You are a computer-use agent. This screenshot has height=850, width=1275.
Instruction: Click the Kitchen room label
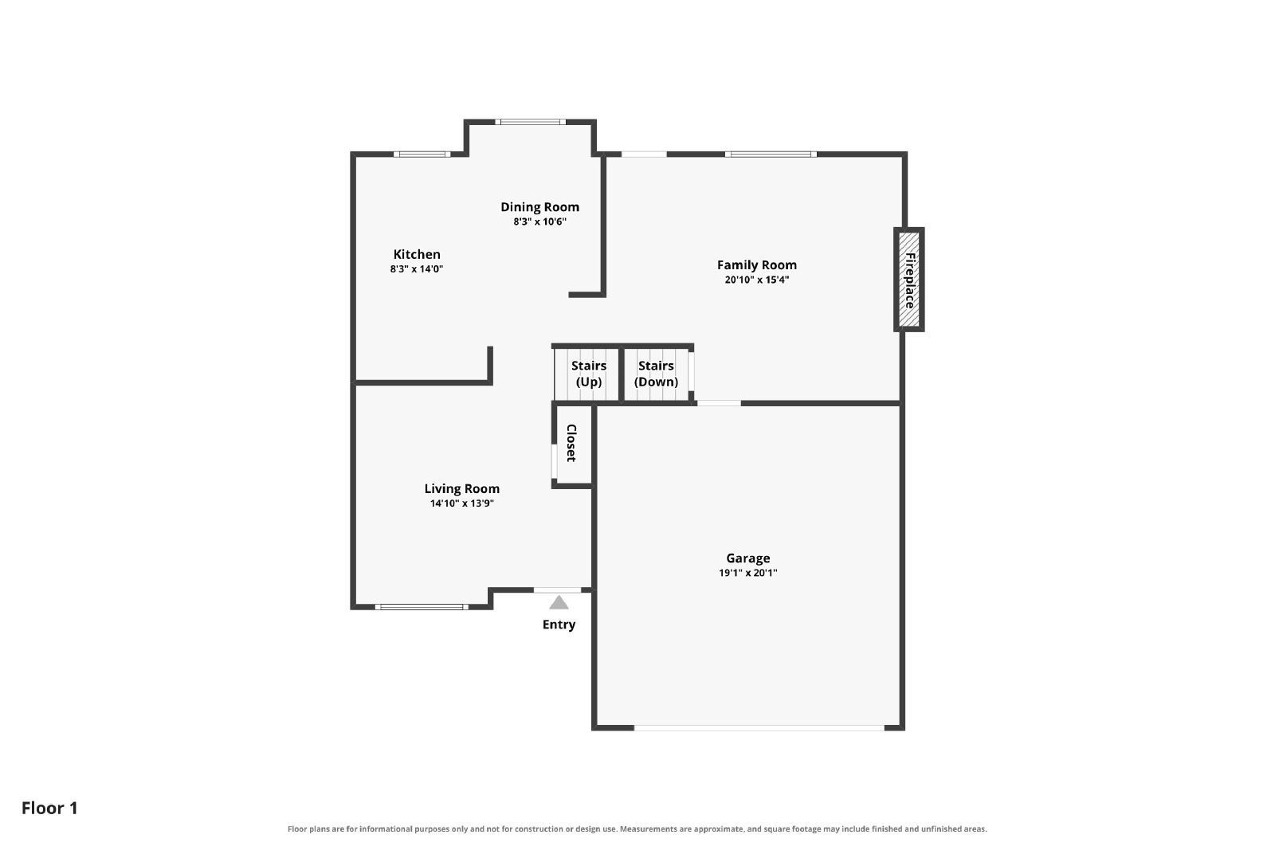point(417,254)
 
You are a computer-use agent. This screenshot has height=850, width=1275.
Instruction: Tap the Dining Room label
point(539,207)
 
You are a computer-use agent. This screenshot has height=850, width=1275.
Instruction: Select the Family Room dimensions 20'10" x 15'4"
point(756,280)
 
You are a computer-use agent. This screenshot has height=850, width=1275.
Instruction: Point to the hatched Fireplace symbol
point(909,280)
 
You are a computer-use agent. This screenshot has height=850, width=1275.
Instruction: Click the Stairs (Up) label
point(589,374)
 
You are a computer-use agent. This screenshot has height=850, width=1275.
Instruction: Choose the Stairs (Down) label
point(656,374)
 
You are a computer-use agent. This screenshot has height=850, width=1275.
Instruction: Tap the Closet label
point(571,443)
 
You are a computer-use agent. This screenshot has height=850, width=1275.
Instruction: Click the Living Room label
point(461,488)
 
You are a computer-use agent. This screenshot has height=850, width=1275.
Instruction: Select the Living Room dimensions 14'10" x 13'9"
point(461,503)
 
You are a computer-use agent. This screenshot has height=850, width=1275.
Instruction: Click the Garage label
point(748,558)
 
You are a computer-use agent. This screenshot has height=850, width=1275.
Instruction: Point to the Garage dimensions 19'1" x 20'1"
point(748,573)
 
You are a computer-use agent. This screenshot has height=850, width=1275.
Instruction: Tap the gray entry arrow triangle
point(559,602)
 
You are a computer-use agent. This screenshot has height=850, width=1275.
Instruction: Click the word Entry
point(559,625)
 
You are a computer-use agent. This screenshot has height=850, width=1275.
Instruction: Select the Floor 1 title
point(49,809)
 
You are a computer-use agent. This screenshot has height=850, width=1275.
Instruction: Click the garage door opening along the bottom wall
point(759,727)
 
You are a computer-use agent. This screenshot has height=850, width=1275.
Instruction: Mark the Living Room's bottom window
point(422,607)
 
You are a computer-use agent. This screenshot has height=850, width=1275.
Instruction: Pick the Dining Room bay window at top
point(531,122)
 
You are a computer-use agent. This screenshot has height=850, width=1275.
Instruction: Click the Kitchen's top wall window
point(422,155)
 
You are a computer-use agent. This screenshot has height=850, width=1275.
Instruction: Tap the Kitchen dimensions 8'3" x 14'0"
point(417,269)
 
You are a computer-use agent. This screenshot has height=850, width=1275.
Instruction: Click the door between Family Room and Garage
point(720,403)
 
